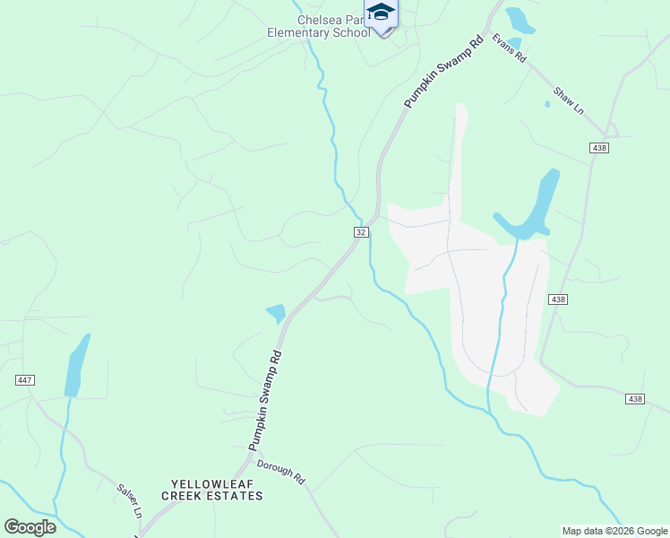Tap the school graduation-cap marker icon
point(381,13)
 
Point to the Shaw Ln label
point(568,100)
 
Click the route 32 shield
point(360,231)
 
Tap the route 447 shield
point(24,380)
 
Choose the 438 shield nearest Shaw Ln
point(599,147)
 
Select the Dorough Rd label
point(281,472)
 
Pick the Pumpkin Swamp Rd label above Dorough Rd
point(264,400)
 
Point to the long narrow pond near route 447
point(77,366)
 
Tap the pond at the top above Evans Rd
point(518,20)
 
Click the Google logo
point(30,527)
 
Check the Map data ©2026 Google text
point(614,531)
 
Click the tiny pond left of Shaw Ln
point(546,104)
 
